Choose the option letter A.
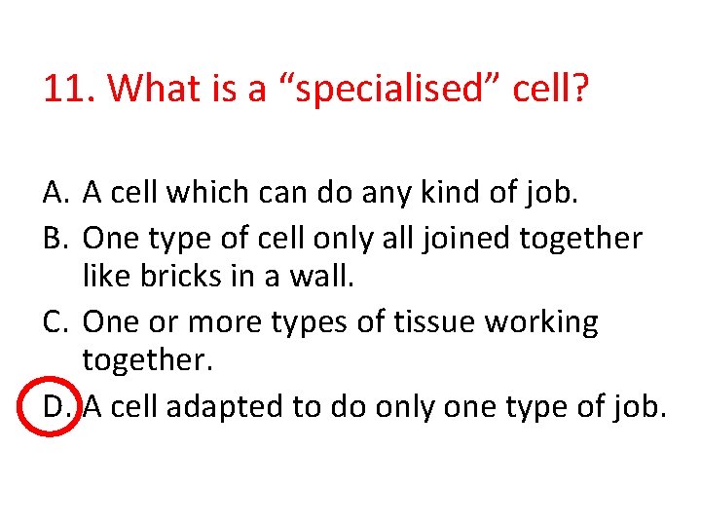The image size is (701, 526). [55, 194]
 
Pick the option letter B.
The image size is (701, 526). [55, 237]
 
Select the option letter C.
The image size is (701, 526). [55, 321]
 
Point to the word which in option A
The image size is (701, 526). [204, 194]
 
